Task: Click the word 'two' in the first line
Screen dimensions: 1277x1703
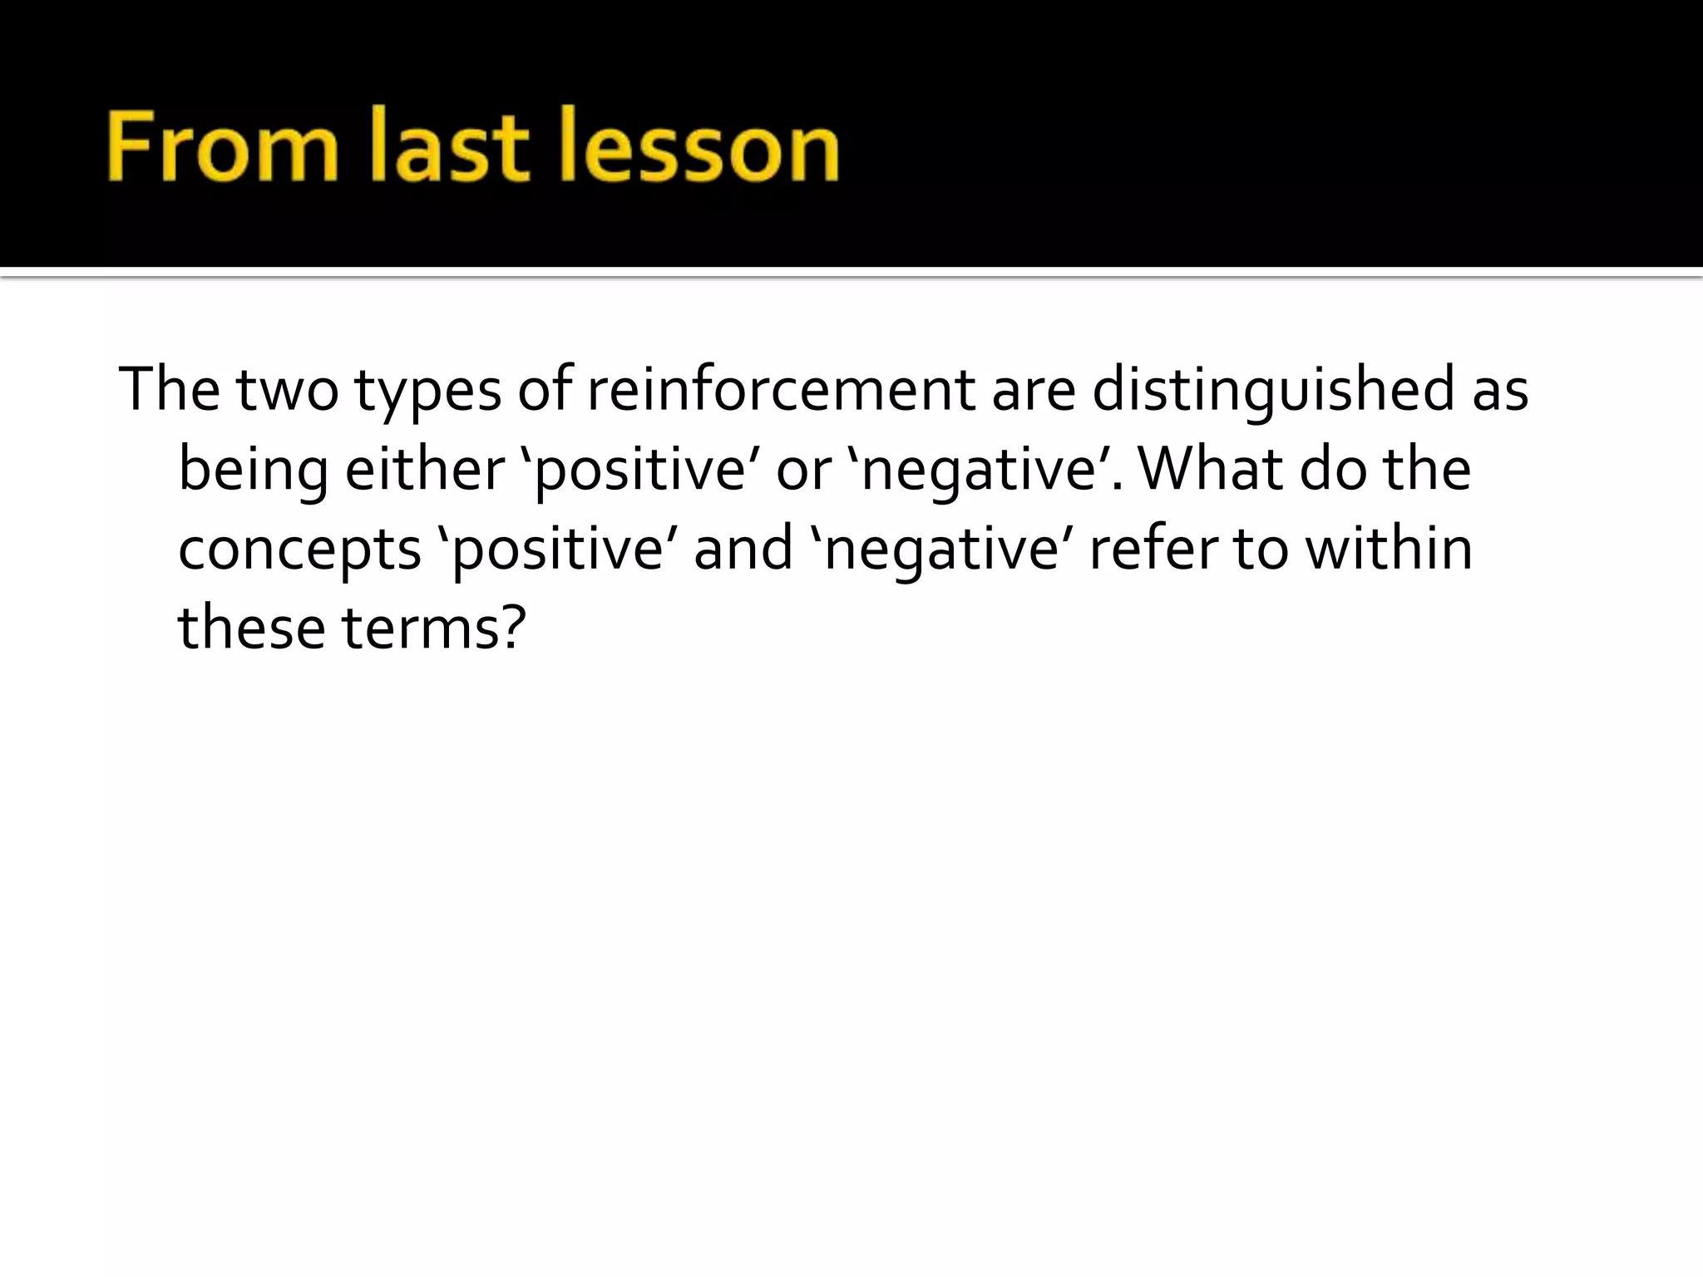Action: (288, 389)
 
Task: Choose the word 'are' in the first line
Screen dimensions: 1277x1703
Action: (1034, 391)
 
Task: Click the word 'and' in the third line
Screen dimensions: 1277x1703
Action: (743, 549)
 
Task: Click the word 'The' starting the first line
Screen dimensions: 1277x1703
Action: (170, 389)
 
